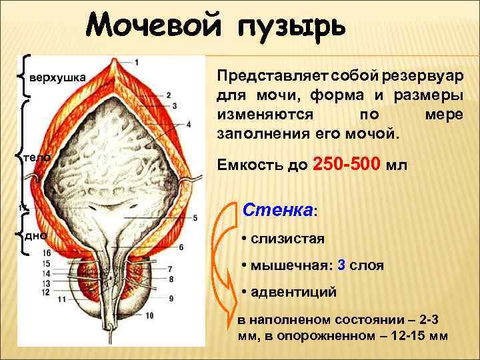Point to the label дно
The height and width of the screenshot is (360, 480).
[35, 235]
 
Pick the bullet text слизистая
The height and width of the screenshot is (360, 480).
[287, 238]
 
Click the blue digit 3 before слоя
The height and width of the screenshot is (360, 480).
[342, 265]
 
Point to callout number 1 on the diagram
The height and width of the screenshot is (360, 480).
[137, 63]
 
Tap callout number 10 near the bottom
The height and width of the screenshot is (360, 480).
[149, 315]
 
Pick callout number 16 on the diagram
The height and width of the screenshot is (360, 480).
[46, 253]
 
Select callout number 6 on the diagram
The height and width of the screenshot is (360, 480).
[181, 247]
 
